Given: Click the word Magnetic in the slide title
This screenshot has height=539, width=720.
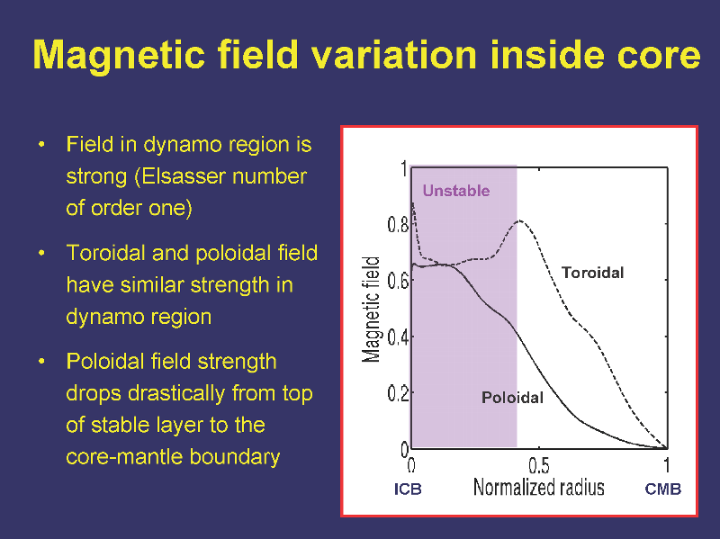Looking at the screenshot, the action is tap(119, 56).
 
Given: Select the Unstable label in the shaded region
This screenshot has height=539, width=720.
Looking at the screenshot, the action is tap(456, 191).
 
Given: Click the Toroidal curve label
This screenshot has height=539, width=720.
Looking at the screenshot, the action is tap(593, 273).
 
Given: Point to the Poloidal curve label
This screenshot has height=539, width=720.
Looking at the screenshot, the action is tap(512, 398).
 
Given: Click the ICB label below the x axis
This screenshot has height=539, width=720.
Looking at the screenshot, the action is tap(408, 489).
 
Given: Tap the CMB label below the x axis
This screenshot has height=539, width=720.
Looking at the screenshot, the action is tap(662, 489).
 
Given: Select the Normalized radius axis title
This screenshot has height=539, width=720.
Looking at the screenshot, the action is tap(538, 487).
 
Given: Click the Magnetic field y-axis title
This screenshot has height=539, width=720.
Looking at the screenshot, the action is tap(371, 310).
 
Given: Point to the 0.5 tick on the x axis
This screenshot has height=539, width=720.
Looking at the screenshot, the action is tap(538, 466).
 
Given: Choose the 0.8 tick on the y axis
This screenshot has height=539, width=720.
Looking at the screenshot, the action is tap(398, 225).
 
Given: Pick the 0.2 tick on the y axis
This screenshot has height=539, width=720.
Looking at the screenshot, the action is tap(398, 393).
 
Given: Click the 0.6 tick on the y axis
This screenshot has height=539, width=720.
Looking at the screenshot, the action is tap(398, 281).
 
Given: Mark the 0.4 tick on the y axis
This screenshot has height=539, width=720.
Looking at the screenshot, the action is tap(398, 338).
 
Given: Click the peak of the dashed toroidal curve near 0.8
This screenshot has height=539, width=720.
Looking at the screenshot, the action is tap(520, 220).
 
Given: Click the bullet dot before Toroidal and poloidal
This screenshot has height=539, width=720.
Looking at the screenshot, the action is tap(41, 253).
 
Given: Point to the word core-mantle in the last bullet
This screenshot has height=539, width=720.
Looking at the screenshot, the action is tap(123, 456).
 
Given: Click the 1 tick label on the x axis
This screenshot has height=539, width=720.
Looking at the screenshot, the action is tap(667, 466).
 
